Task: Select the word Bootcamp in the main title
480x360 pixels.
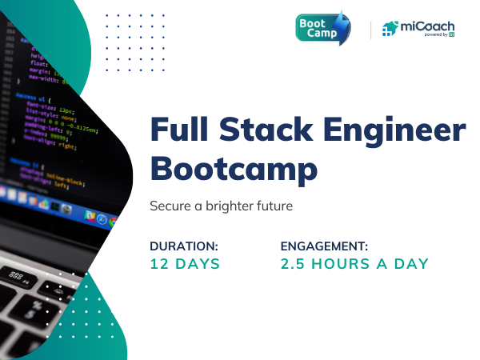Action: point(234,170)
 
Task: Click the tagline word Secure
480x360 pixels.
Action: point(170,206)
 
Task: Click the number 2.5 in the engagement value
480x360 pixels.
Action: point(294,264)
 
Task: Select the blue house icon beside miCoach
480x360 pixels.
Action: point(390,29)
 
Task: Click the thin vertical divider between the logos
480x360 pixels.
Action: point(370,30)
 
